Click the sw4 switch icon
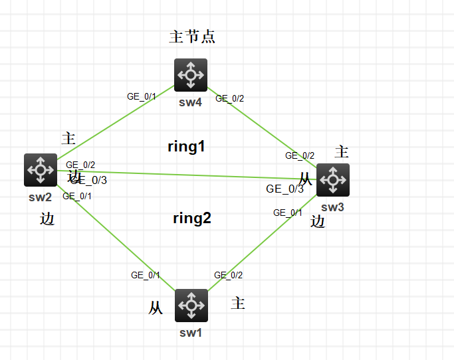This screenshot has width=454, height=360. pos(191,75)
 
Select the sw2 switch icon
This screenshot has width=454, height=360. pos(41,170)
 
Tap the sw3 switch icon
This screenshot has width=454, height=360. pos(332,180)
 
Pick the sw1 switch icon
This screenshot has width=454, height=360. pos(191,306)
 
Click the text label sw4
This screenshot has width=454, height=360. pos(190,102)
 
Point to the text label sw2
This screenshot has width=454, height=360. pos(41,197)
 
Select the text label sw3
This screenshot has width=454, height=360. pos(332,207)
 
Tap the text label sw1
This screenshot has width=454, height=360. pos(191,332)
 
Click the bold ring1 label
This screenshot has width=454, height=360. pos(186,147)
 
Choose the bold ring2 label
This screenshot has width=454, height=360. pos(192,218)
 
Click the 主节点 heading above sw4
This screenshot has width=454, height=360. pos(192,37)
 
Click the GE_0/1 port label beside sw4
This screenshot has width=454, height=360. pos(142,96)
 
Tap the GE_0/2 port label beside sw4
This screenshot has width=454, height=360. pos(229,98)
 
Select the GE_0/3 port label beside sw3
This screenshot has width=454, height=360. pos(284,189)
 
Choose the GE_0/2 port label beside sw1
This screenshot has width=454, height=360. pos(228,275)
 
